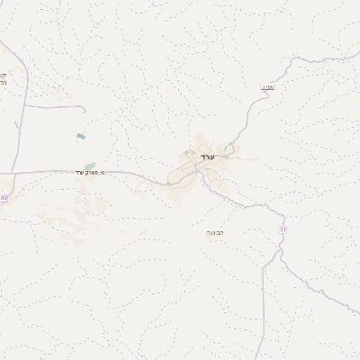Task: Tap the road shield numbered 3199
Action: (267, 87)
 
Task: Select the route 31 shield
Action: (284, 229)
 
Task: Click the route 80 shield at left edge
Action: (3, 197)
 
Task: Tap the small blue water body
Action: (82, 137)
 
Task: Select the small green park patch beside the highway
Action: (90, 166)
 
